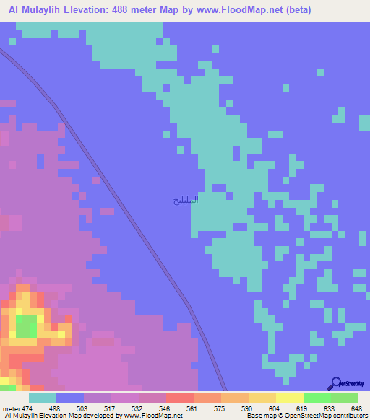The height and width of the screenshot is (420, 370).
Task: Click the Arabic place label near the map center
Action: (186, 199)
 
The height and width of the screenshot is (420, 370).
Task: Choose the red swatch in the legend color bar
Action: (179, 398)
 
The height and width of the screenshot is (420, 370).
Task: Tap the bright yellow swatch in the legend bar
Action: (289, 398)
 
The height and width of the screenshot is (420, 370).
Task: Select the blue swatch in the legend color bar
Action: (69, 398)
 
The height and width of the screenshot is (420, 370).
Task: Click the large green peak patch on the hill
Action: (26, 326)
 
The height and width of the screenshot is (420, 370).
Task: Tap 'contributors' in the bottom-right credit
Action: (350, 416)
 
